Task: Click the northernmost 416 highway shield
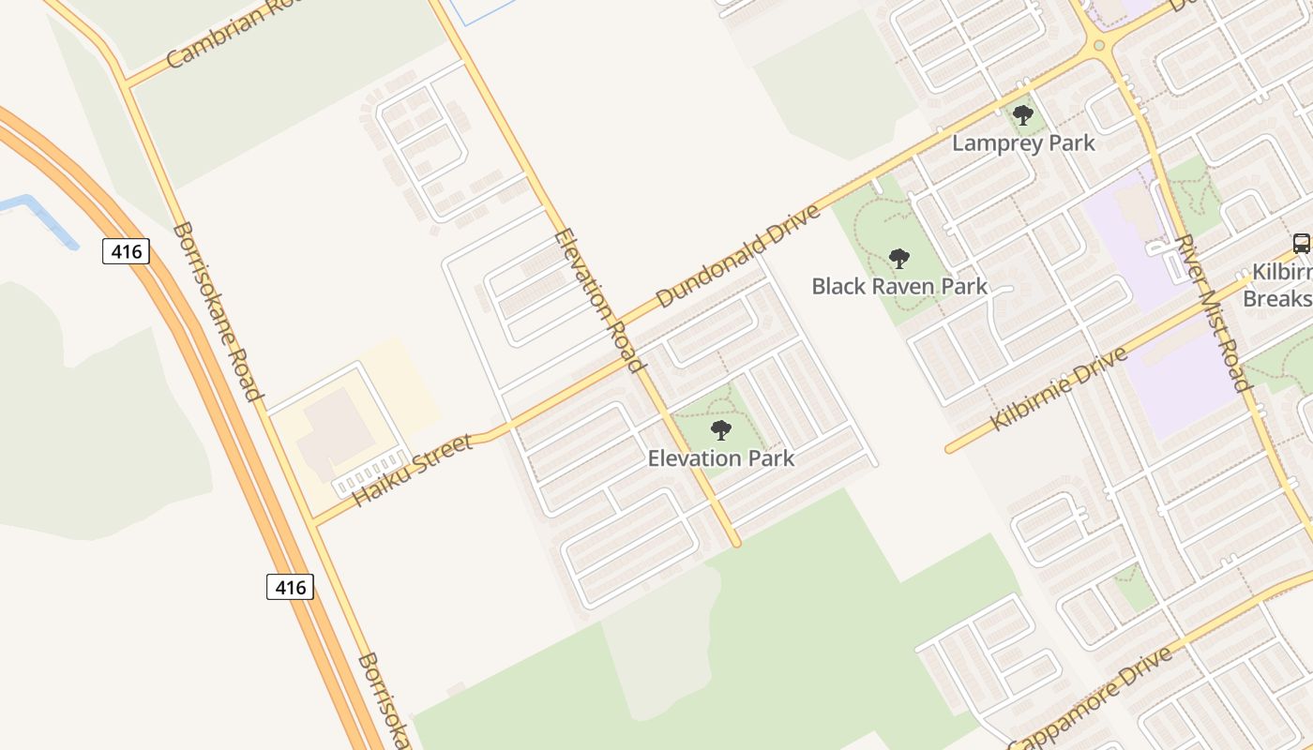click(126, 251)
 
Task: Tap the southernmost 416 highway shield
click(290, 588)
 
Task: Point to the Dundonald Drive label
click(738, 255)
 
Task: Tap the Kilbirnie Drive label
click(1058, 389)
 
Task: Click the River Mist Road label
click(1214, 312)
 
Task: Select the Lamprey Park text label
click(1023, 143)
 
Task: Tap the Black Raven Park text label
click(899, 286)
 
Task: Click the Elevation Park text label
click(721, 458)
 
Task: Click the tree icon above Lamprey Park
click(1023, 116)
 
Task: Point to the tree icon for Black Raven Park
click(899, 259)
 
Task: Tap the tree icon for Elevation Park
click(721, 431)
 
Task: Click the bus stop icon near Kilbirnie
click(1301, 244)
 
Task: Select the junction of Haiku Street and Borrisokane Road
click(314, 521)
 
